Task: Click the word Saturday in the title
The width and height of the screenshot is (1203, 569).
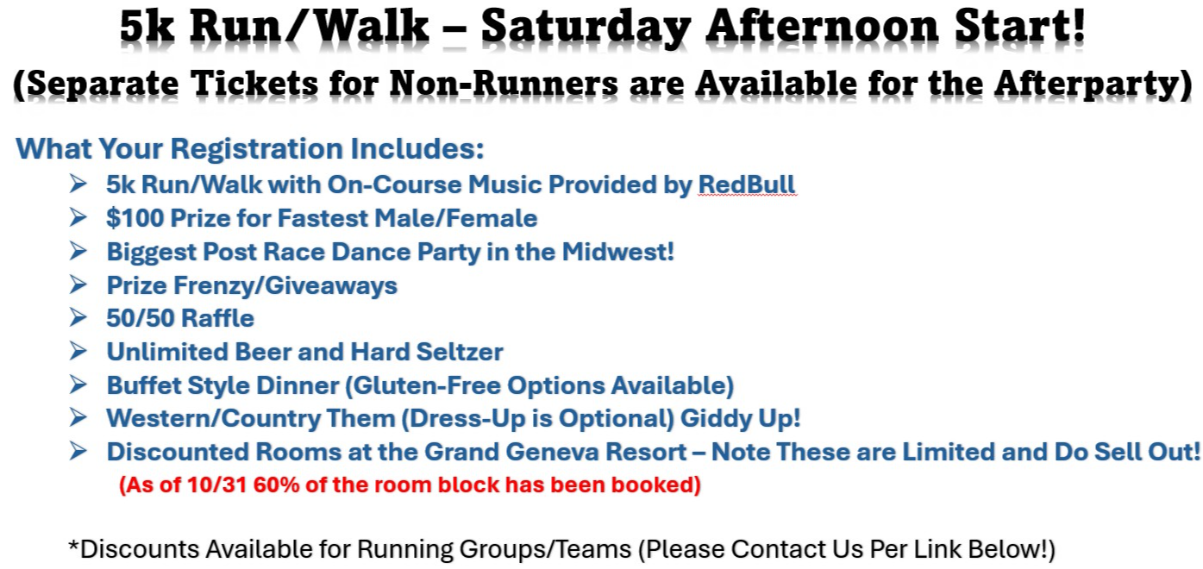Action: click(x=586, y=27)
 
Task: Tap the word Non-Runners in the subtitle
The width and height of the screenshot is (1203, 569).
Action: click(x=504, y=84)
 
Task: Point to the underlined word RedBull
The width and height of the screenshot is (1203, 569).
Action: click(x=747, y=185)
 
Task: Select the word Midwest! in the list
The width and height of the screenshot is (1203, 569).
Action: click(x=618, y=252)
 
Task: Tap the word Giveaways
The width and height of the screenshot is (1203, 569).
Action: click(x=331, y=285)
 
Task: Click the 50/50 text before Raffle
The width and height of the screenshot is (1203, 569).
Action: click(x=136, y=318)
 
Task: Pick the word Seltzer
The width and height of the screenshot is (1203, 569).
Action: click(x=460, y=352)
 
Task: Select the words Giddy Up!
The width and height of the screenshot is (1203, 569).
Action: click(x=741, y=419)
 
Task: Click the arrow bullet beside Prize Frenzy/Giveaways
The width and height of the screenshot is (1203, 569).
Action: click(x=78, y=284)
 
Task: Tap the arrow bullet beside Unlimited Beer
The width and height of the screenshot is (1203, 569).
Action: click(x=78, y=351)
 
